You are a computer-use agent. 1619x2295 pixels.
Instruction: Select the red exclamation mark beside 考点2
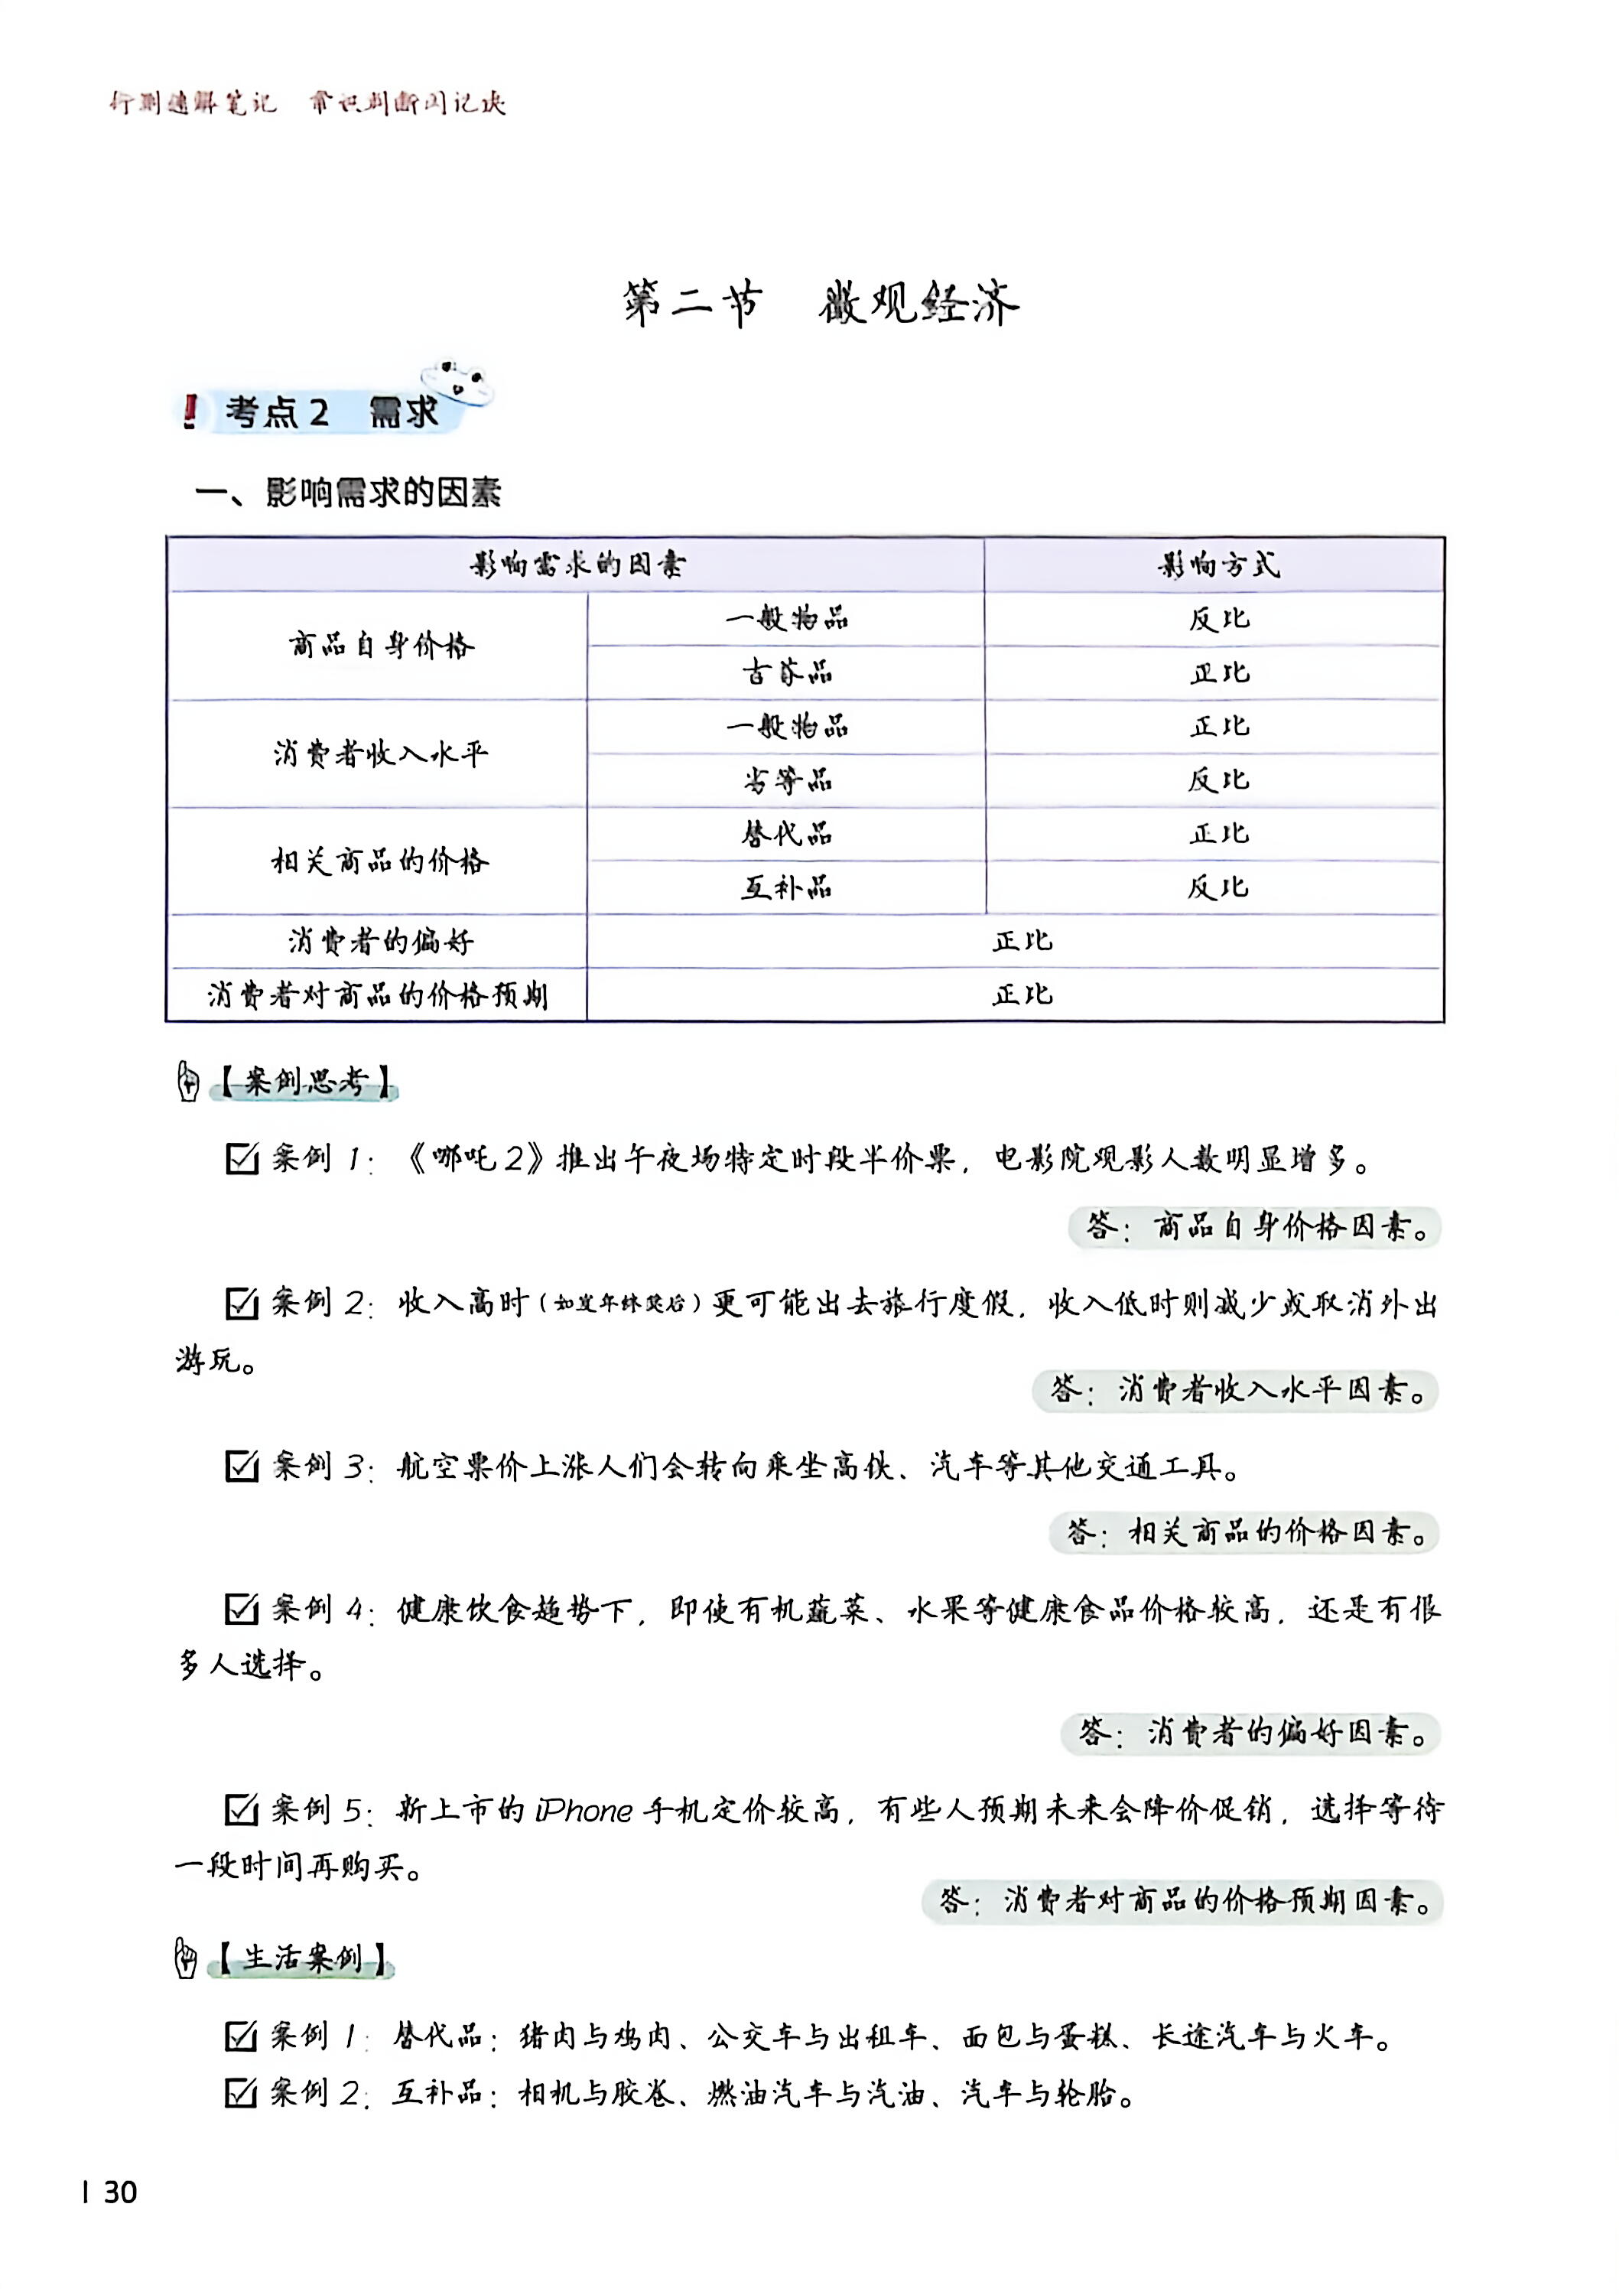(190, 412)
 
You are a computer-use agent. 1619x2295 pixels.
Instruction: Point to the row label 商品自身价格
(381, 646)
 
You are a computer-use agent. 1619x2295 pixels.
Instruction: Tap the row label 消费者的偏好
(381, 942)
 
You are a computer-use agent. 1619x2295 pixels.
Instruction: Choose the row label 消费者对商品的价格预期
(378, 995)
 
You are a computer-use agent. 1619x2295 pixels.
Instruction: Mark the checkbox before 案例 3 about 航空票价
(242, 1467)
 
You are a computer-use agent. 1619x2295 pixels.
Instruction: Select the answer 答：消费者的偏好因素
(1251, 1732)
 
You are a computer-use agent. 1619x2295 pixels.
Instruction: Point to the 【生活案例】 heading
(302, 1957)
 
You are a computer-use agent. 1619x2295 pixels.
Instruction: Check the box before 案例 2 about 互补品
(242, 2092)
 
